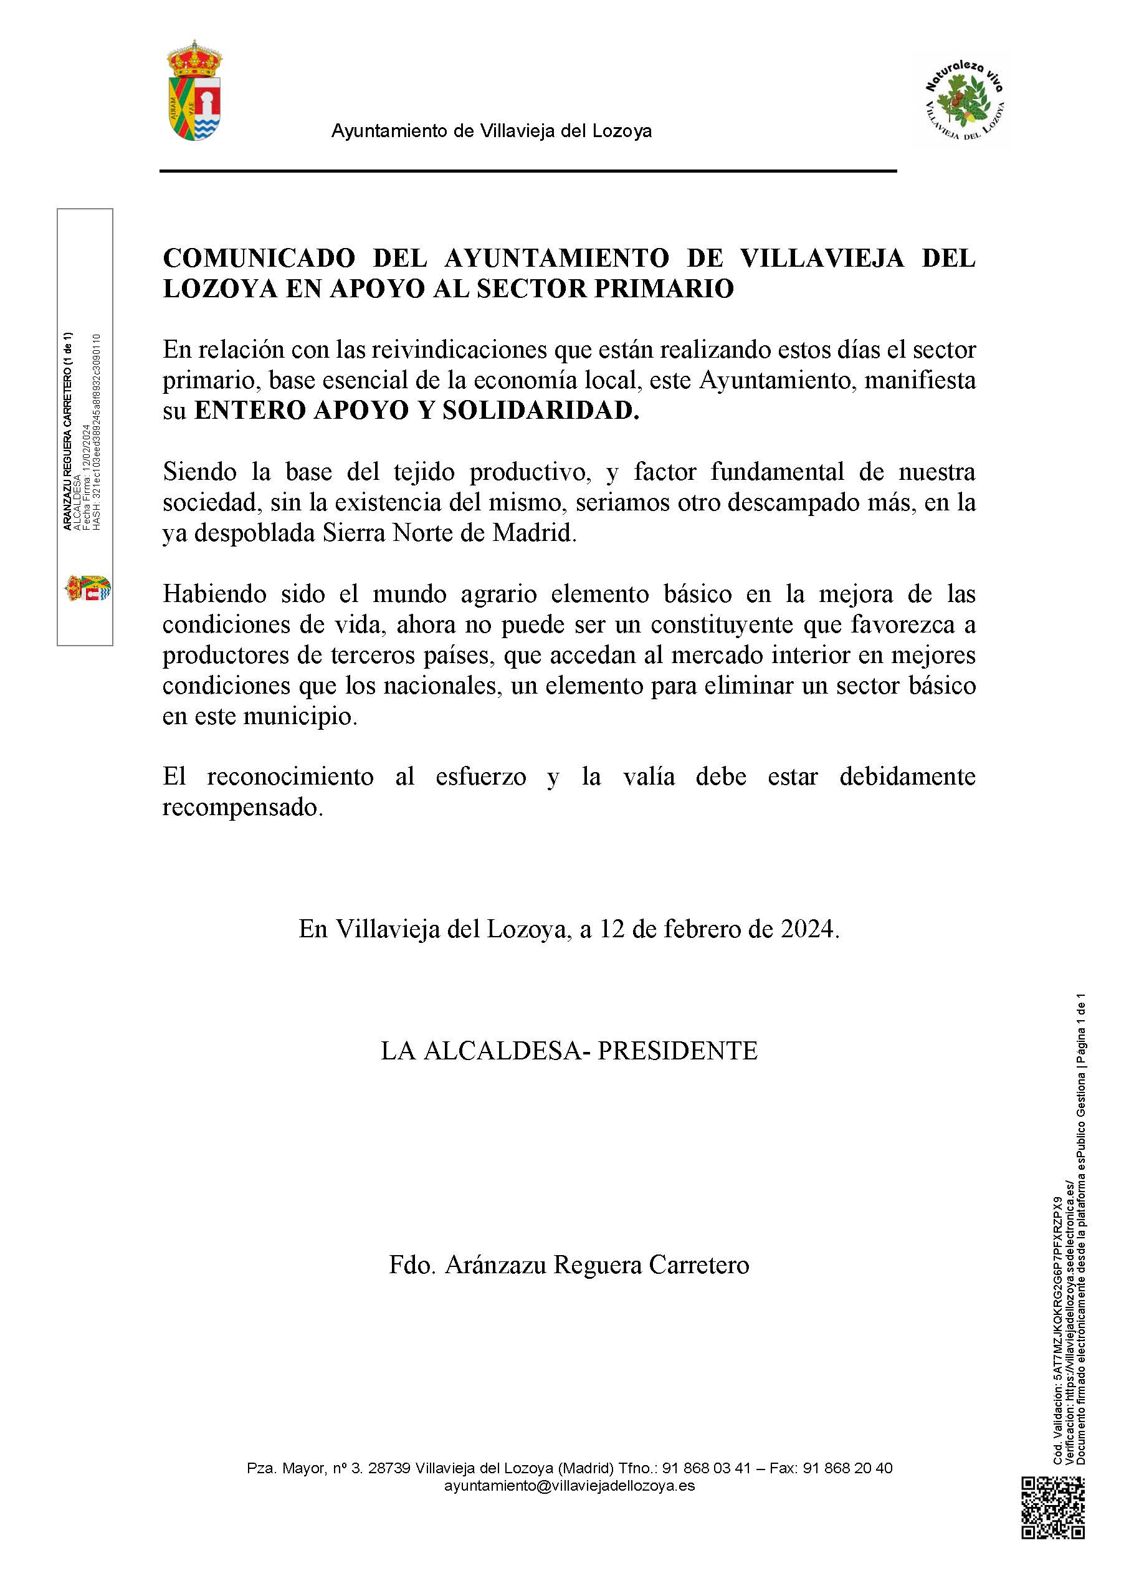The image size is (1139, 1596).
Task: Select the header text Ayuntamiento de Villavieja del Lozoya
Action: click(x=491, y=131)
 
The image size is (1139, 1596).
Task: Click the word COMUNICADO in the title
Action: click(x=259, y=259)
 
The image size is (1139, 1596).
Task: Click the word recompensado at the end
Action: click(x=242, y=808)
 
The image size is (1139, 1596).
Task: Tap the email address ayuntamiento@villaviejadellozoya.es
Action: click(x=569, y=1485)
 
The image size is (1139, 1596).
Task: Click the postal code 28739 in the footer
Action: click(x=389, y=1468)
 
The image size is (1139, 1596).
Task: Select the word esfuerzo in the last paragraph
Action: click(x=480, y=777)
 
